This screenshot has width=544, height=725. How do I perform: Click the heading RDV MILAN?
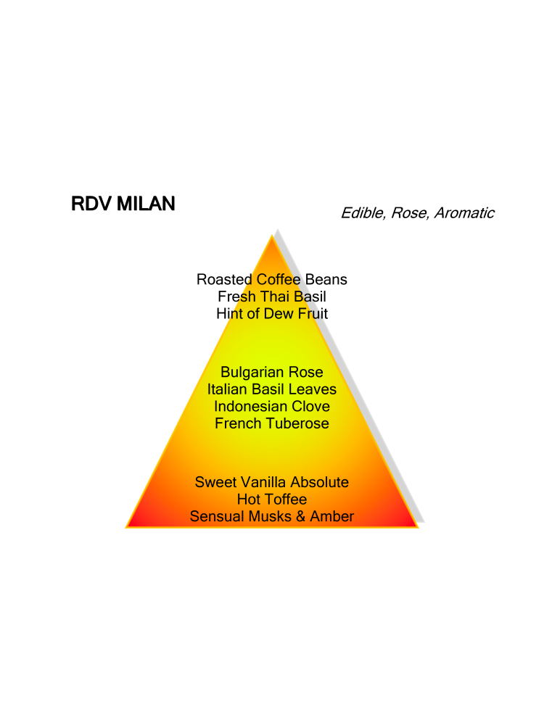tap(123, 204)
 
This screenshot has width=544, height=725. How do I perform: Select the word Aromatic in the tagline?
tap(464, 212)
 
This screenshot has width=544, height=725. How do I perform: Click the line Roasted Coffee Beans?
tap(271, 279)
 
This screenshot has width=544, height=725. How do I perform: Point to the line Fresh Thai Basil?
tap(271, 297)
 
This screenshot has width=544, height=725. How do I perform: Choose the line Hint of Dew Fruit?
tap(271, 313)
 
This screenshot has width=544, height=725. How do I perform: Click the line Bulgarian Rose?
tap(271, 372)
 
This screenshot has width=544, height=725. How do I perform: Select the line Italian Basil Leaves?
tap(271, 389)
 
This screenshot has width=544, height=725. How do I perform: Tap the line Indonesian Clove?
tap(271, 407)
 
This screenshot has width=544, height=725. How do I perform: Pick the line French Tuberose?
tap(271, 423)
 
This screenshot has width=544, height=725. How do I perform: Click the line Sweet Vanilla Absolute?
tap(271, 482)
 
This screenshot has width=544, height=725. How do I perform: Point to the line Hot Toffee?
tap(271, 500)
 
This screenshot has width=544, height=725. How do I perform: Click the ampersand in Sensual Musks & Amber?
tap(301, 516)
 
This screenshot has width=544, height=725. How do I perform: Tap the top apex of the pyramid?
tap(272, 235)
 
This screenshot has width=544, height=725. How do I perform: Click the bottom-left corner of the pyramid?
tap(125, 527)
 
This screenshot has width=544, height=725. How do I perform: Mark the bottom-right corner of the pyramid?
tap(419, 527)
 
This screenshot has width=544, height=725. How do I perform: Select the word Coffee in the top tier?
tap(279, 279)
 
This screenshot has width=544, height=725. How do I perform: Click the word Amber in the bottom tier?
tap(331, 516)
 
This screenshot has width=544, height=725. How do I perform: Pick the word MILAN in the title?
tap(146, 204)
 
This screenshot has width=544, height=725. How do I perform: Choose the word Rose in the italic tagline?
tap(408, 212)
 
